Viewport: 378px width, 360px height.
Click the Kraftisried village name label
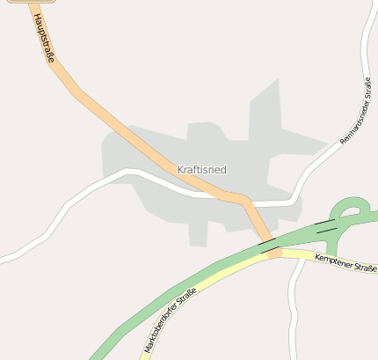coord(201,168)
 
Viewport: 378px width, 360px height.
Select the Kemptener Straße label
coord(345,262)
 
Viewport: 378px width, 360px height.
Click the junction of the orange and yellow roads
coord(274,253)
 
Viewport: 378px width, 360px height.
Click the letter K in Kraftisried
coord(180,168)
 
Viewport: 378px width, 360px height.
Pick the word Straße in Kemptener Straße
coord(363,266)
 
